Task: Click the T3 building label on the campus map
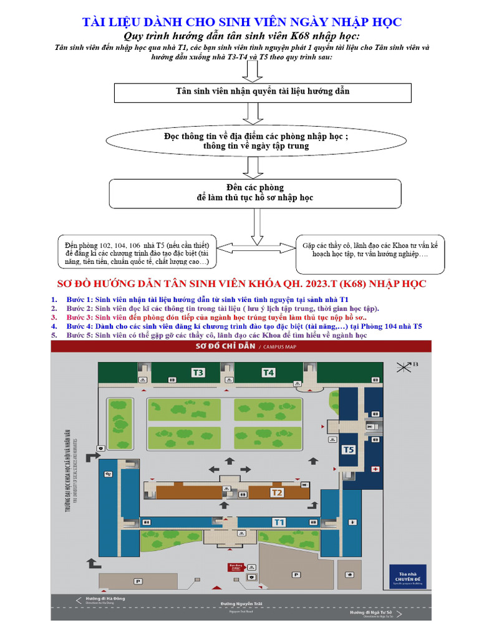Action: coord(198,373)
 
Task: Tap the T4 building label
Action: coord(268,373)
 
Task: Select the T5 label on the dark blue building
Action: coord(349,449)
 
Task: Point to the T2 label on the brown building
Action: coord(277,492)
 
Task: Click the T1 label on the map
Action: coord(278,522)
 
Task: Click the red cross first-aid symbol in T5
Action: coord(375,468)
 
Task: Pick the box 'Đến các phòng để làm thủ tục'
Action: coord(254,193)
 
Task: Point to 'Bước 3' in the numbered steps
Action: coord(79,317)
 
